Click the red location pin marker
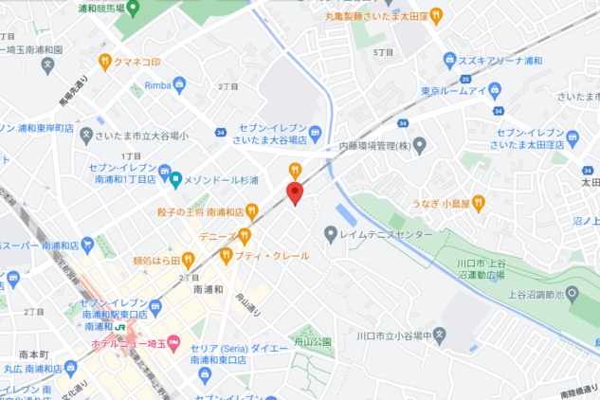coord(294,193)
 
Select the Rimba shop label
coord(156,85)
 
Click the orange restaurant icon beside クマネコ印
coord(106,63)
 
